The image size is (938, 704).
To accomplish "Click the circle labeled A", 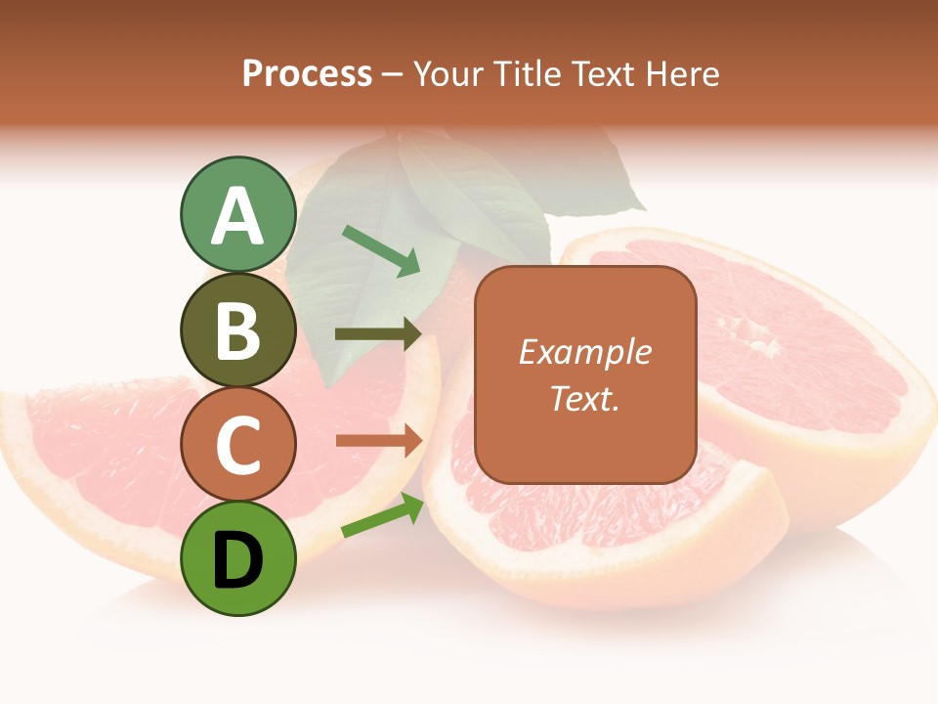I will coord(238,215).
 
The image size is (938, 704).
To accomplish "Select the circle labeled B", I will coord(238,330).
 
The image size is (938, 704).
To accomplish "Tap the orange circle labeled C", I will coord(238,445).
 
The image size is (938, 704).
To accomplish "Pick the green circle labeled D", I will coord(238,558).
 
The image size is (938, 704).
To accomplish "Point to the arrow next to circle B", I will coord(379,334).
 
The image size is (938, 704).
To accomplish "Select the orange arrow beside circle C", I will coord(379,441).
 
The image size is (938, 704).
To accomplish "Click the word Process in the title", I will coord(307,73).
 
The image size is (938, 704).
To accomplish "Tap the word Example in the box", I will coord(584,352).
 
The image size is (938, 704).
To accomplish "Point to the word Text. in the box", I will coord(584,398).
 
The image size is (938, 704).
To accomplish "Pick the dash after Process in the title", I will coord(393,75).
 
